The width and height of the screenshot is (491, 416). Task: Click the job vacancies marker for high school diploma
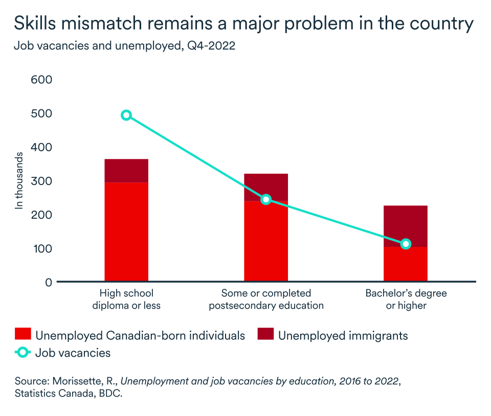click(126, 115)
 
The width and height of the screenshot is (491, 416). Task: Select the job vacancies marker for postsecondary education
click(266, 199)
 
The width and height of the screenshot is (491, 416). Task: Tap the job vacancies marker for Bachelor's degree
click(406, 244)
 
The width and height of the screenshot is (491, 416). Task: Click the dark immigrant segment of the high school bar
click(126, 171)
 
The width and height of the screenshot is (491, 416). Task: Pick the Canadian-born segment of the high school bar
click(126, 232)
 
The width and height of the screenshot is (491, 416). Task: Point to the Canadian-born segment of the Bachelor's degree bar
click(406, 265)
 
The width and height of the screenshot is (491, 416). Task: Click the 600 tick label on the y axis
click(42, 80)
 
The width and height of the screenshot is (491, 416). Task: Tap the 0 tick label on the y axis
click(49, 282)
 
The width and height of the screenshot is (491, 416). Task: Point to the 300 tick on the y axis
click(42, 181)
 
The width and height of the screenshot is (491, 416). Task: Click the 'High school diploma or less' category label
click(126, 299)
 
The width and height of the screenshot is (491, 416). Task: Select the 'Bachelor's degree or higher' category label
click(406, 299)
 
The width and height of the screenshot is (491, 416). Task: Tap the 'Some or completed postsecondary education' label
click(266, 299)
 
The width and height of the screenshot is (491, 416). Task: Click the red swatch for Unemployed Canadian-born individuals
click(23, 336)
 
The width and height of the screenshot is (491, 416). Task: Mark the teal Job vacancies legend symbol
click(23, 353)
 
